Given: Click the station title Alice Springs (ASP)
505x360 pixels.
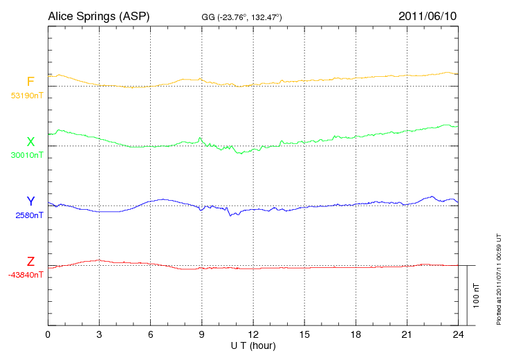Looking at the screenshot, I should click(98, 15).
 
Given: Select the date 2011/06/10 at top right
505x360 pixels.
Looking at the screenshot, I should click(427, 15).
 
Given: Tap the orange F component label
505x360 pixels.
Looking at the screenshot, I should click(30, 82).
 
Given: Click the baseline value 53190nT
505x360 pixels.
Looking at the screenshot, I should click(26, 96).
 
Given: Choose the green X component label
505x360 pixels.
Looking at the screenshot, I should click(30, 142).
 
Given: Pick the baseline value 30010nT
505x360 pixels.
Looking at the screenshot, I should click(26, 155).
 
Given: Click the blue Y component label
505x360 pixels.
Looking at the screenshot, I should click(30, 201).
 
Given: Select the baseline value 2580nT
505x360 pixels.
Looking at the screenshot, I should click(30, 215).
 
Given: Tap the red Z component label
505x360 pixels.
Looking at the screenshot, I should click(30, 262).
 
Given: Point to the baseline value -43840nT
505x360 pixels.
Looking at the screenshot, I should click(26, 275).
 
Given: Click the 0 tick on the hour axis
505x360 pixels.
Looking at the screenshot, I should click(48, 334).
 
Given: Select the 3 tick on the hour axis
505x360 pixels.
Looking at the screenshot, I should click(99, 334).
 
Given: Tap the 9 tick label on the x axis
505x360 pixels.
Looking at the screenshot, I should click(201, 334).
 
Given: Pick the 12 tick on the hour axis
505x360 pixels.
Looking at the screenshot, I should click(252, 334).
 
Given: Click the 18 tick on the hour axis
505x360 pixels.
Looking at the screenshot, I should click(355, 334).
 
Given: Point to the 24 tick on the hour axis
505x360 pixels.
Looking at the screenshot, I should click(457, 334).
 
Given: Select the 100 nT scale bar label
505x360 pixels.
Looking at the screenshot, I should click(477, 296).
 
